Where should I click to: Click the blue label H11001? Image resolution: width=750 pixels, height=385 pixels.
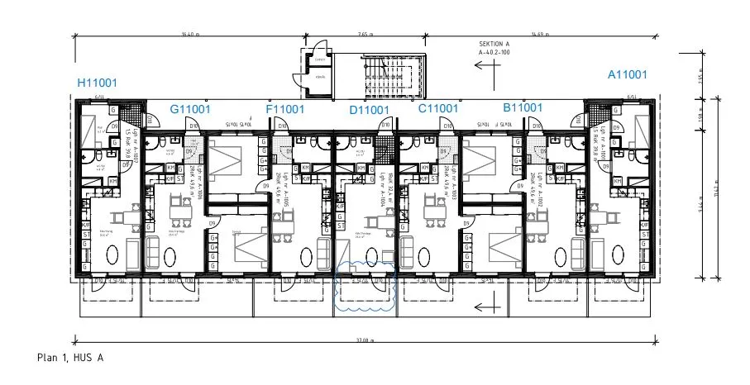coord(103,83)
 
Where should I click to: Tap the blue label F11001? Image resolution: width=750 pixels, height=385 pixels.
coord(285,109)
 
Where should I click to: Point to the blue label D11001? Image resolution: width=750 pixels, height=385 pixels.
coord(369,110)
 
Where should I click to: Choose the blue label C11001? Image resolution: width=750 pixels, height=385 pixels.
coord(437,108)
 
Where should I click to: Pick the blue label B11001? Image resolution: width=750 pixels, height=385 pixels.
coord(522,107)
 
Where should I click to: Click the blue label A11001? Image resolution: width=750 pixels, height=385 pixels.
coord(627,74)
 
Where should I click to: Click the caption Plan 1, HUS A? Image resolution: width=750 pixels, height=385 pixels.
coord(70,358)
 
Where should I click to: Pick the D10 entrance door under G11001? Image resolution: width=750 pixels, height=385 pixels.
coord(193,126)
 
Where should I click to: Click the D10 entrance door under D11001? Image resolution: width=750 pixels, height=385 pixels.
coord(385,126)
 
